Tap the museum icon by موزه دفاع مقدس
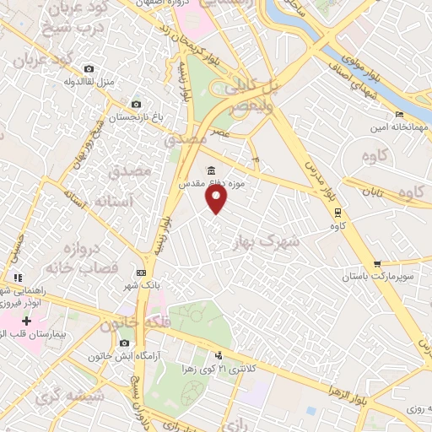[x=210, y=170]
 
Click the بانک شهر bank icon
[x=141, y=273]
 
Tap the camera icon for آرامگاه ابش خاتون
[x=125, y=343]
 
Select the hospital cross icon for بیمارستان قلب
[x=26, y=321]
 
